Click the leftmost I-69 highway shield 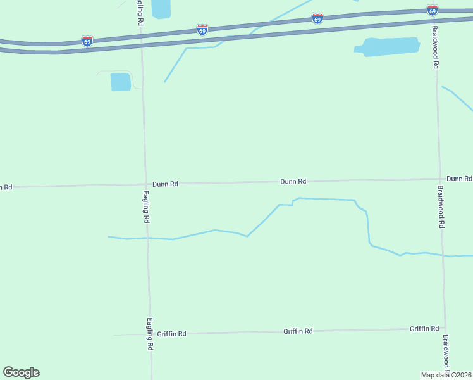[x=87, y=41]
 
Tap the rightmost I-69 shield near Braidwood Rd [x=433, y=10]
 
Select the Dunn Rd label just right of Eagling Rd [x=165, y=184]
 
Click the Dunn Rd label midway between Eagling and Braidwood [x=293, y=181]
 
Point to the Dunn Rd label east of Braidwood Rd [x=459, y=179]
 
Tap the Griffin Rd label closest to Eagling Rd [x=171, y=333]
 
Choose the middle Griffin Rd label [x=298, y=331]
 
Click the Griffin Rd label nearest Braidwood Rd [x=424, y=329]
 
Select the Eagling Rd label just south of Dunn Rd [x=146, y=207]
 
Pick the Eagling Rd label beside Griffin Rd [x=150, y=334]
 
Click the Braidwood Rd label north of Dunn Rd [x=436, y=47]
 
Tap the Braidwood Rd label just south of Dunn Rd [x=441, y=207]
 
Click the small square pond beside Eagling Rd [x=120, y=82]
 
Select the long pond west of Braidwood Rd [x=388, y=47]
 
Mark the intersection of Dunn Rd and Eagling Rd [x=145, y=184]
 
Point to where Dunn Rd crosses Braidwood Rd [x=439, y=179]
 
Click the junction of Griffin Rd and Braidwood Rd [x=445, y=329]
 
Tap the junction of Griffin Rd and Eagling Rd [x=150, y=334]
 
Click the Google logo [x=21, y=372]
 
